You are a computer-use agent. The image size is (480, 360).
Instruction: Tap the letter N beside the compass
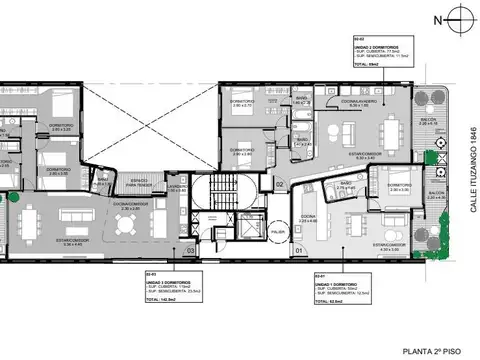[x=436, y=19]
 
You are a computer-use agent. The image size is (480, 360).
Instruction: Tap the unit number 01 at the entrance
[x=297, y=250]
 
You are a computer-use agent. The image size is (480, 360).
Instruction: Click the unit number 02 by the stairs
[x=280, y=185]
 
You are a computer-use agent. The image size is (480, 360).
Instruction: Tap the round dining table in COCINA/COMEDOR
[x=124, y=225]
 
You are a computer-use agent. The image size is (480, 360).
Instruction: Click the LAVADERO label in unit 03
[x=175, y=186]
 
